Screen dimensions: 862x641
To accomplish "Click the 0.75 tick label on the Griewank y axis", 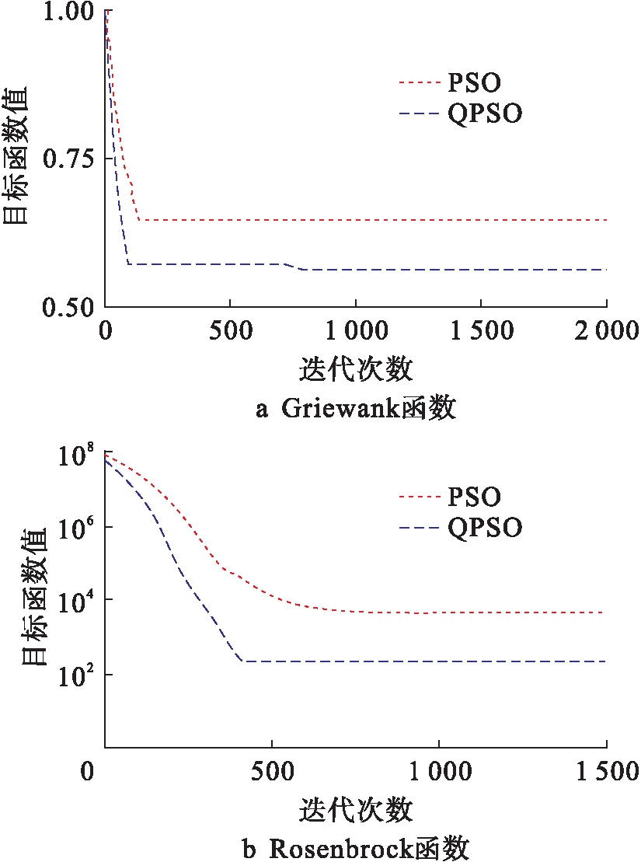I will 68,159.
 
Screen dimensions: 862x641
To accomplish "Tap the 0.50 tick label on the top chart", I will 68,307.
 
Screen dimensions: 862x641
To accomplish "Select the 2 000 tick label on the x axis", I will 605,331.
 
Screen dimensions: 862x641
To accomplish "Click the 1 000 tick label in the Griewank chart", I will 355,331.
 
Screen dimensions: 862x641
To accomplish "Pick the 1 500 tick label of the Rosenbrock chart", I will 605,773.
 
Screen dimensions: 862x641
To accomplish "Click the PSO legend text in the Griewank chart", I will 475,82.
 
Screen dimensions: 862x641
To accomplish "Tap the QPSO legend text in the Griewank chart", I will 485,114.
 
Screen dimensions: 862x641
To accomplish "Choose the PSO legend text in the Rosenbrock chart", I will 475,496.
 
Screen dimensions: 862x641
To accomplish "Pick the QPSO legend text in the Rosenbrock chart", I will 485,528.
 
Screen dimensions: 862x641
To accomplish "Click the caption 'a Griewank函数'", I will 355,407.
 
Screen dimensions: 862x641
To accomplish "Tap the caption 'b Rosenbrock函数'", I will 355,848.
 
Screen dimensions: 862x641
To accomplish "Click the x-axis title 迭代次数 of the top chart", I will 355,368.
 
